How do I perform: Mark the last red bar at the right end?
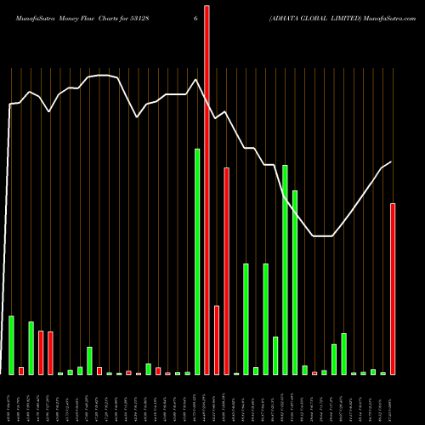pyautogui.click(x=393, y=289)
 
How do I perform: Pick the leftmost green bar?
pyautogui.click(x=11, y=345)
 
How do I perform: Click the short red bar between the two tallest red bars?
pyautogui.click(x=217, y=340)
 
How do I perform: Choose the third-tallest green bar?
pyautogui.click(x=295, y=282)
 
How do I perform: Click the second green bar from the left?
pyautogui.click(x=31, y=348)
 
